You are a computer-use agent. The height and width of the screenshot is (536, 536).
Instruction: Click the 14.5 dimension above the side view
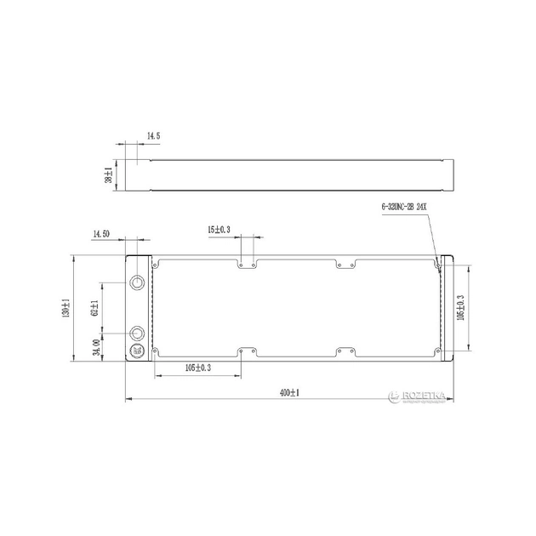154,135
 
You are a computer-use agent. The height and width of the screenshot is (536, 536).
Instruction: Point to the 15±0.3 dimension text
219,230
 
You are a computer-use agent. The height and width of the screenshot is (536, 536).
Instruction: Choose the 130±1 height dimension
66,307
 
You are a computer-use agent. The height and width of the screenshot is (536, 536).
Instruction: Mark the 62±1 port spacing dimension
96,307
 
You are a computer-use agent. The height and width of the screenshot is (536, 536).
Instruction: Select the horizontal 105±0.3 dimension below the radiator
197,368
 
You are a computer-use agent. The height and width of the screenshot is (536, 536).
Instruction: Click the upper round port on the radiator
139,282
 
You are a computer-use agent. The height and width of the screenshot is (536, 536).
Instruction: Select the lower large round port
139,333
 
